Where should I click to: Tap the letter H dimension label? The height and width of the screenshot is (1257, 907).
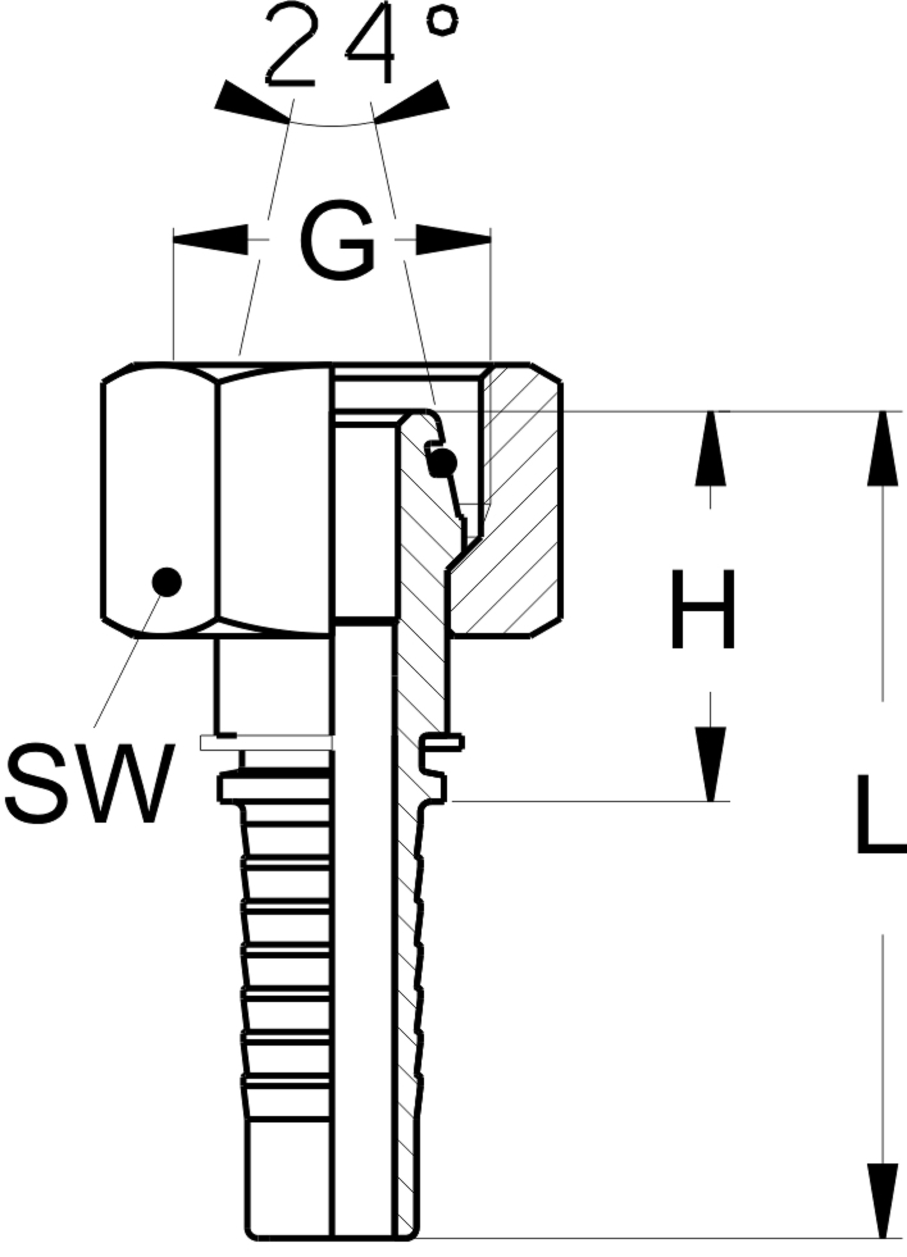point(703,609)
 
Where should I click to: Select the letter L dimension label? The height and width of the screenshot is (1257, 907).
point(881,814)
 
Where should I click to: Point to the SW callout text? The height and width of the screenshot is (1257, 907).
point(90,783)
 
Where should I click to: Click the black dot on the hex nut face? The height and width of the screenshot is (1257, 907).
point(167,582)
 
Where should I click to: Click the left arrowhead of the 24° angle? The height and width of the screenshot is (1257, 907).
point(250,103)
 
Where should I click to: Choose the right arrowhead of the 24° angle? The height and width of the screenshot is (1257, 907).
point(413,103)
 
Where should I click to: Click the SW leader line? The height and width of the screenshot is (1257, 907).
point(128,660)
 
